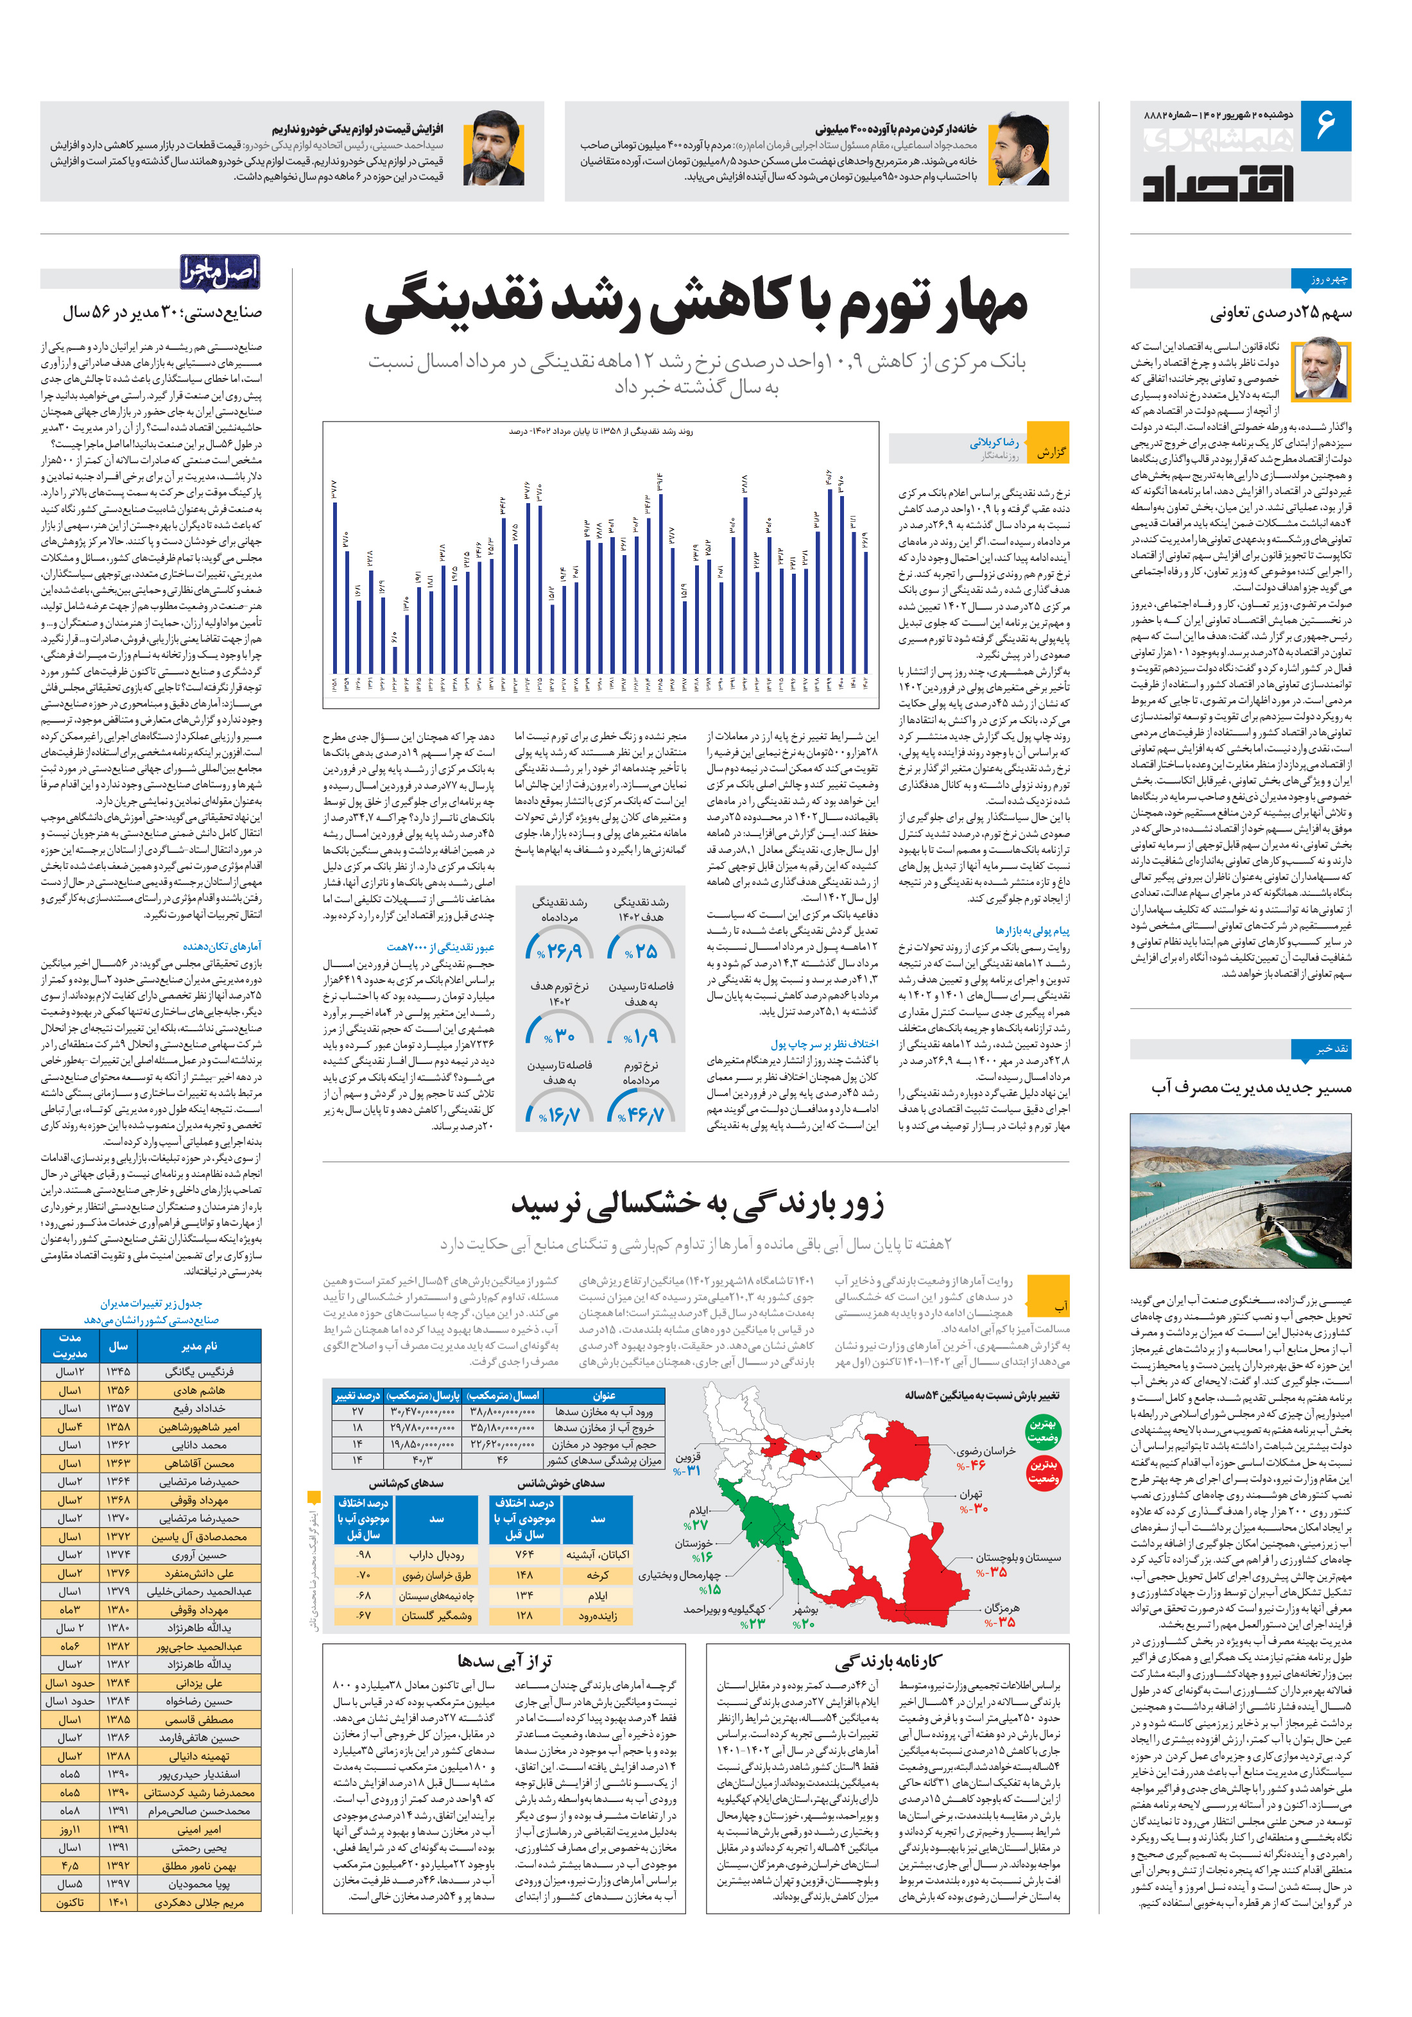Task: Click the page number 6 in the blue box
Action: tap(1324, 126)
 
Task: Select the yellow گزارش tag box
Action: tap(1048, 452)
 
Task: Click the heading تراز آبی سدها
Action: tap(504, 1660)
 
